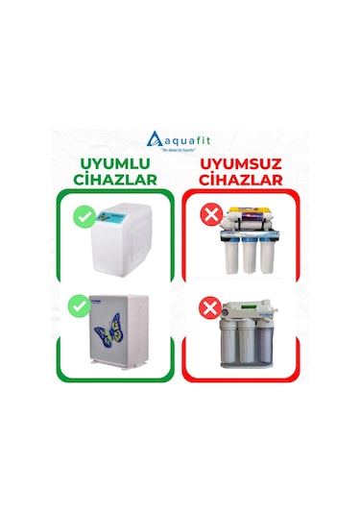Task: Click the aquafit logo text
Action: click(187, 139)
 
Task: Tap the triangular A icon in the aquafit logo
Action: click(156, 138)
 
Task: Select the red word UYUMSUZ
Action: click(241, 163)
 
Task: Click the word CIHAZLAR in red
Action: click(241, 180)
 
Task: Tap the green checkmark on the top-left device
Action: click(83, 216)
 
